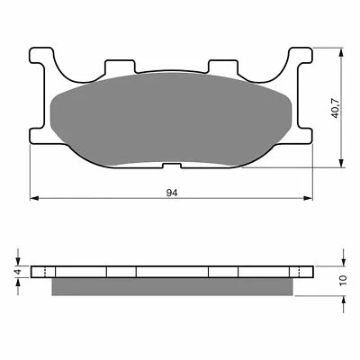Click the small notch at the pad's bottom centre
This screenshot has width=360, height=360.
pos(173,165)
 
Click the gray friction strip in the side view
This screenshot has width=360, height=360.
pos(173,285)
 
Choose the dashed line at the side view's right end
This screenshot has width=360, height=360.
pos(301,271)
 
